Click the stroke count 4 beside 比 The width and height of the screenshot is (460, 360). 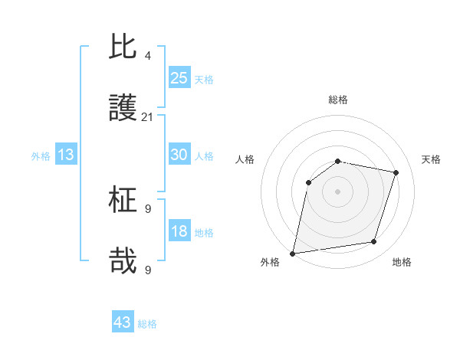click(x=147, y=56)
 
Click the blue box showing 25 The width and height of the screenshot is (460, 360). click(x=179, y=77)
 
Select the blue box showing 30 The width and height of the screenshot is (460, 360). click(x=179, y=155)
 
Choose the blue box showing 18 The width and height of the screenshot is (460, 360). click(x=179, y=231)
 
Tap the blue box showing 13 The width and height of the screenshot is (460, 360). click(x=66, y=155)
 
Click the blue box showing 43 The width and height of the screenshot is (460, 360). click(x=123, y=322)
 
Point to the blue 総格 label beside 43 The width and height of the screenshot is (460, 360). click(x=148, y=324)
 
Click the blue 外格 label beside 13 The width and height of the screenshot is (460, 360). click(x=41, y=156)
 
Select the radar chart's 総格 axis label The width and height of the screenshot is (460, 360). click(x=338, y=100)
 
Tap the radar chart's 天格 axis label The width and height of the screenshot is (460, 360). click(x=431, y=159)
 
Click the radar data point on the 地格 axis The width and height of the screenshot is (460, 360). click(x=374, y=242)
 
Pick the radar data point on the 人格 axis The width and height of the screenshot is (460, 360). click(x=309, y=182)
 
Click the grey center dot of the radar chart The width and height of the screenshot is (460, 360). click(x=338, y=191)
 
